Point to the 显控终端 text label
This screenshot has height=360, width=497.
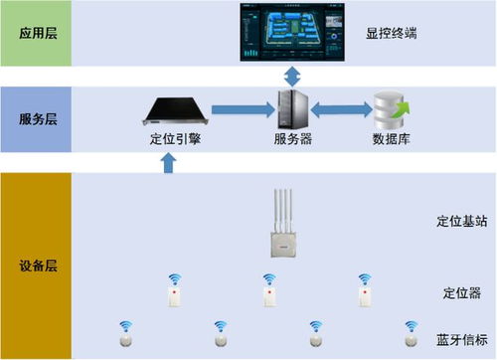(x=392, y=33)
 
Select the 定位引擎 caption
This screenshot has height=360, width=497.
(x=174, y=139)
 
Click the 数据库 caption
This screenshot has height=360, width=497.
(x=388, y=139)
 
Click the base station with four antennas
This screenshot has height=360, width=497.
(x=282, y=225)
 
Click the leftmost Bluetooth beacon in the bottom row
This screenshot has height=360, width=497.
(x=125, y=335)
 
